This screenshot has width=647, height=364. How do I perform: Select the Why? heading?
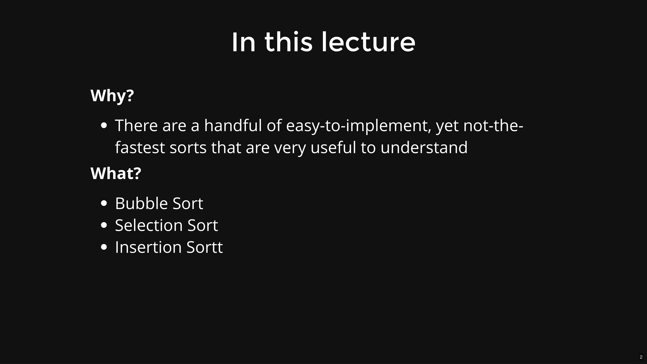pyautogui.click(x=112, y=96)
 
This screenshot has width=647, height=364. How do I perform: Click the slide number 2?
pyautogui.click(x=641, y=357)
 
